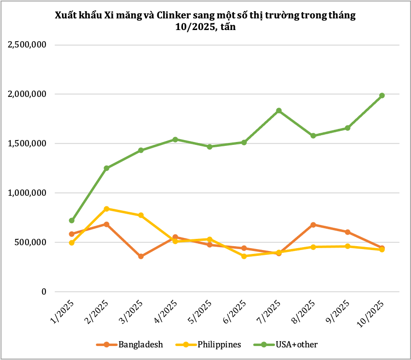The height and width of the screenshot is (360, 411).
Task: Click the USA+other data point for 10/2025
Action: click(x=382, y=95)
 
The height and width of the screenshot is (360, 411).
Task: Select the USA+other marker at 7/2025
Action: click(x=279, y=110)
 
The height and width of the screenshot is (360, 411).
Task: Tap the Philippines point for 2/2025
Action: click(x=107, y=209)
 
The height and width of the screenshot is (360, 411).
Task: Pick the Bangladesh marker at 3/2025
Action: click(x=141, y=256)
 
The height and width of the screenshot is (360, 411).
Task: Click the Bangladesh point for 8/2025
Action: click(x=313, y=225)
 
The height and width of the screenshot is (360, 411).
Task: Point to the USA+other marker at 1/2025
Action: click(x=72, y=220)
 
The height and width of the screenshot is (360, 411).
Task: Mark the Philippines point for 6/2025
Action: click(x=244, y=256)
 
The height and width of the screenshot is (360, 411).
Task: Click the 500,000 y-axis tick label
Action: click(x=30, y=242)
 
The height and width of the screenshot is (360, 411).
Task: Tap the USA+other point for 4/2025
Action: click(x=175, y=140)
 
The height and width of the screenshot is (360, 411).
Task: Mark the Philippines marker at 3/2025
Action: click(x=141, y=215)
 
